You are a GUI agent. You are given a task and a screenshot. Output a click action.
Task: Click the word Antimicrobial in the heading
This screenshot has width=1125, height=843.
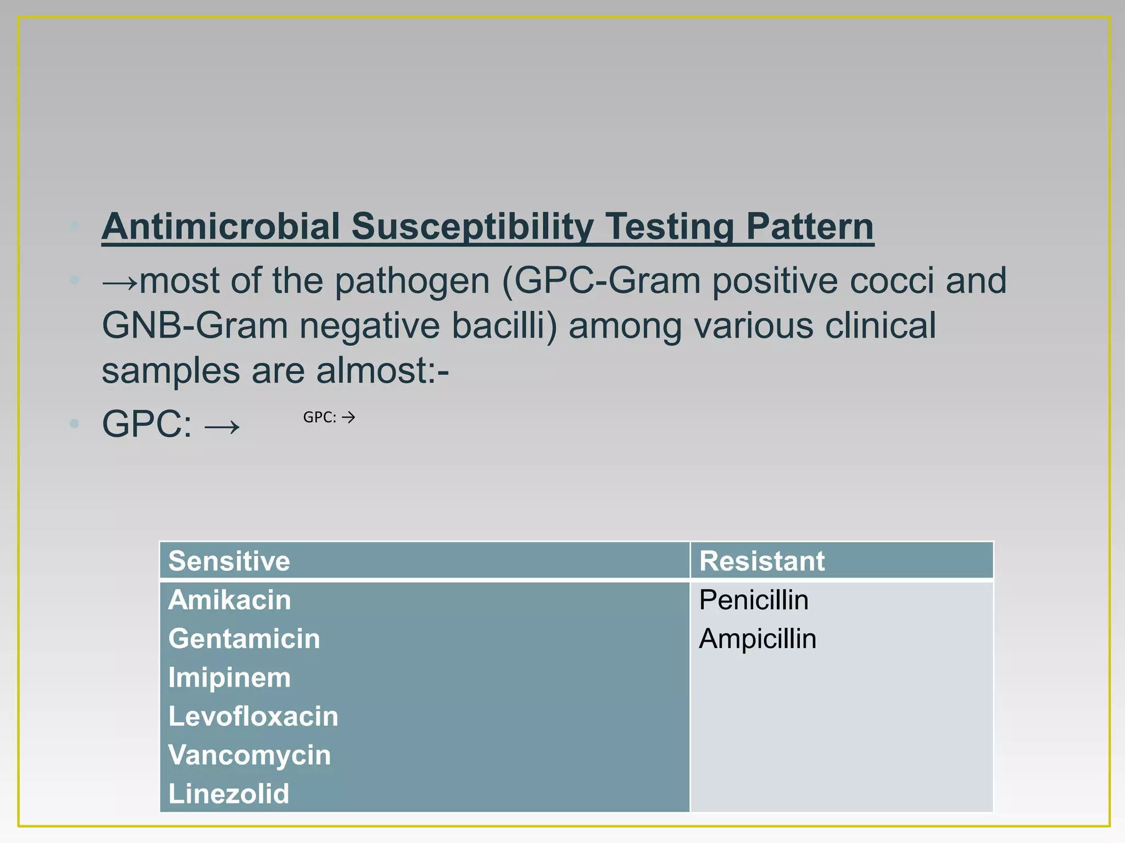[221, 226]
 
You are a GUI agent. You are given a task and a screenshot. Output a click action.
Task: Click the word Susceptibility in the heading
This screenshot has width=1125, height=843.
[472, 226]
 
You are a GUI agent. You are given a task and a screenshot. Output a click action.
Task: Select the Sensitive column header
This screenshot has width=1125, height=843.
[229, 561]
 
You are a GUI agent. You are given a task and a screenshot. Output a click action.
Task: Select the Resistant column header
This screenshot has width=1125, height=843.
[761, 561]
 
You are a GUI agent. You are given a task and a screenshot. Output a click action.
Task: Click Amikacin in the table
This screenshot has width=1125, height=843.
[230, 600]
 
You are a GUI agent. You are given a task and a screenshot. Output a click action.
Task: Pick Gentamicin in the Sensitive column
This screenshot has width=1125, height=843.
[244, 639]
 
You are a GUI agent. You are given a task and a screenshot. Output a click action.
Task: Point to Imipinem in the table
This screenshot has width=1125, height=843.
[230, 678]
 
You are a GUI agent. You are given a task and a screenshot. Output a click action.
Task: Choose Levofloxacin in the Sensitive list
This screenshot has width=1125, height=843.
[253, 716]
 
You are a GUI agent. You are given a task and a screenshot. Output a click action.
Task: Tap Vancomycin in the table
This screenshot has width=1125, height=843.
[249, 755]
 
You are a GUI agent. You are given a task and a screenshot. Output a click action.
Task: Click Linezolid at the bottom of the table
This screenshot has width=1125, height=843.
[229, 794]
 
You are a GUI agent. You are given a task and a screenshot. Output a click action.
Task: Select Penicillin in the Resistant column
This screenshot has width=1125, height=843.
[754, 600]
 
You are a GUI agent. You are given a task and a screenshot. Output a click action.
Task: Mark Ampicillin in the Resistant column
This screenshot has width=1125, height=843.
[758, 639]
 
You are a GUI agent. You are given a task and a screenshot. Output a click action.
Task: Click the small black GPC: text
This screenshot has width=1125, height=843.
[320, 418]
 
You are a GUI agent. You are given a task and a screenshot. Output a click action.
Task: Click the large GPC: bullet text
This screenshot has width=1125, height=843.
[147, 424]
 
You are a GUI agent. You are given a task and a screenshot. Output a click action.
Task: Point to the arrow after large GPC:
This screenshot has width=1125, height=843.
[222, 426]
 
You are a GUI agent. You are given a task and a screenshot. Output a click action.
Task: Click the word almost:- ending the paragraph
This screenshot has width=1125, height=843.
[382, 370]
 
